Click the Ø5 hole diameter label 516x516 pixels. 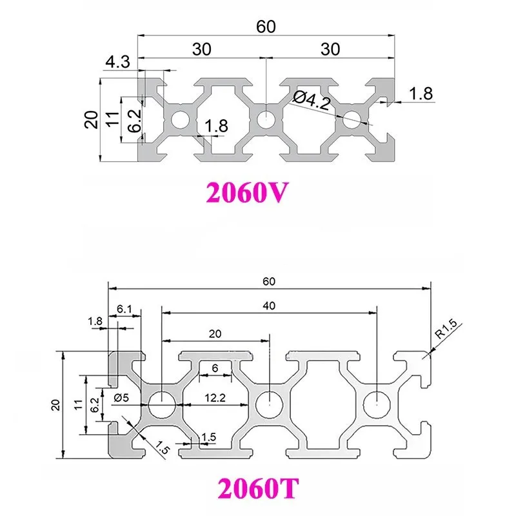pos(123,398)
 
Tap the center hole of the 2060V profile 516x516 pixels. pos(264,119)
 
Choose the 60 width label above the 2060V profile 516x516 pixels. pos(266,26)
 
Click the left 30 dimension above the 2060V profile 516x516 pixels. pos(202,49)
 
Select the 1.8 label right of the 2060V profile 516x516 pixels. pos(421,94)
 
